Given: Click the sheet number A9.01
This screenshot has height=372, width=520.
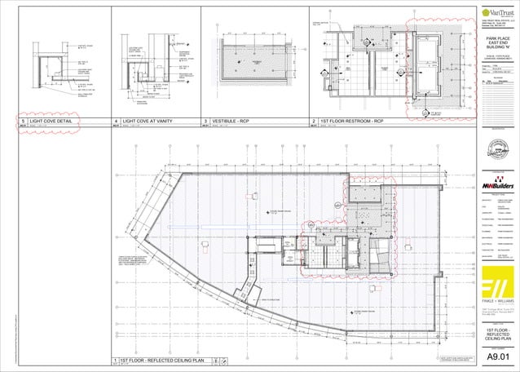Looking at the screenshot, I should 497,356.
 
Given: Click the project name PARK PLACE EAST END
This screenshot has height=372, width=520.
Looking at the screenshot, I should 497,43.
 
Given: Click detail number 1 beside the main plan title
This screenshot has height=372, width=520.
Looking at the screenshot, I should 115,359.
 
